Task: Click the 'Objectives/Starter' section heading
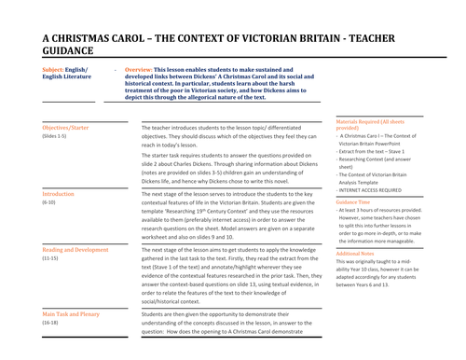click(73, 127)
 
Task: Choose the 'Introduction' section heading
click(59, 194)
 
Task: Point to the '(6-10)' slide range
click(50, 202)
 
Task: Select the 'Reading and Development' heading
click(75, 250)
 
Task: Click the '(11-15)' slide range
click(52, 258)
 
